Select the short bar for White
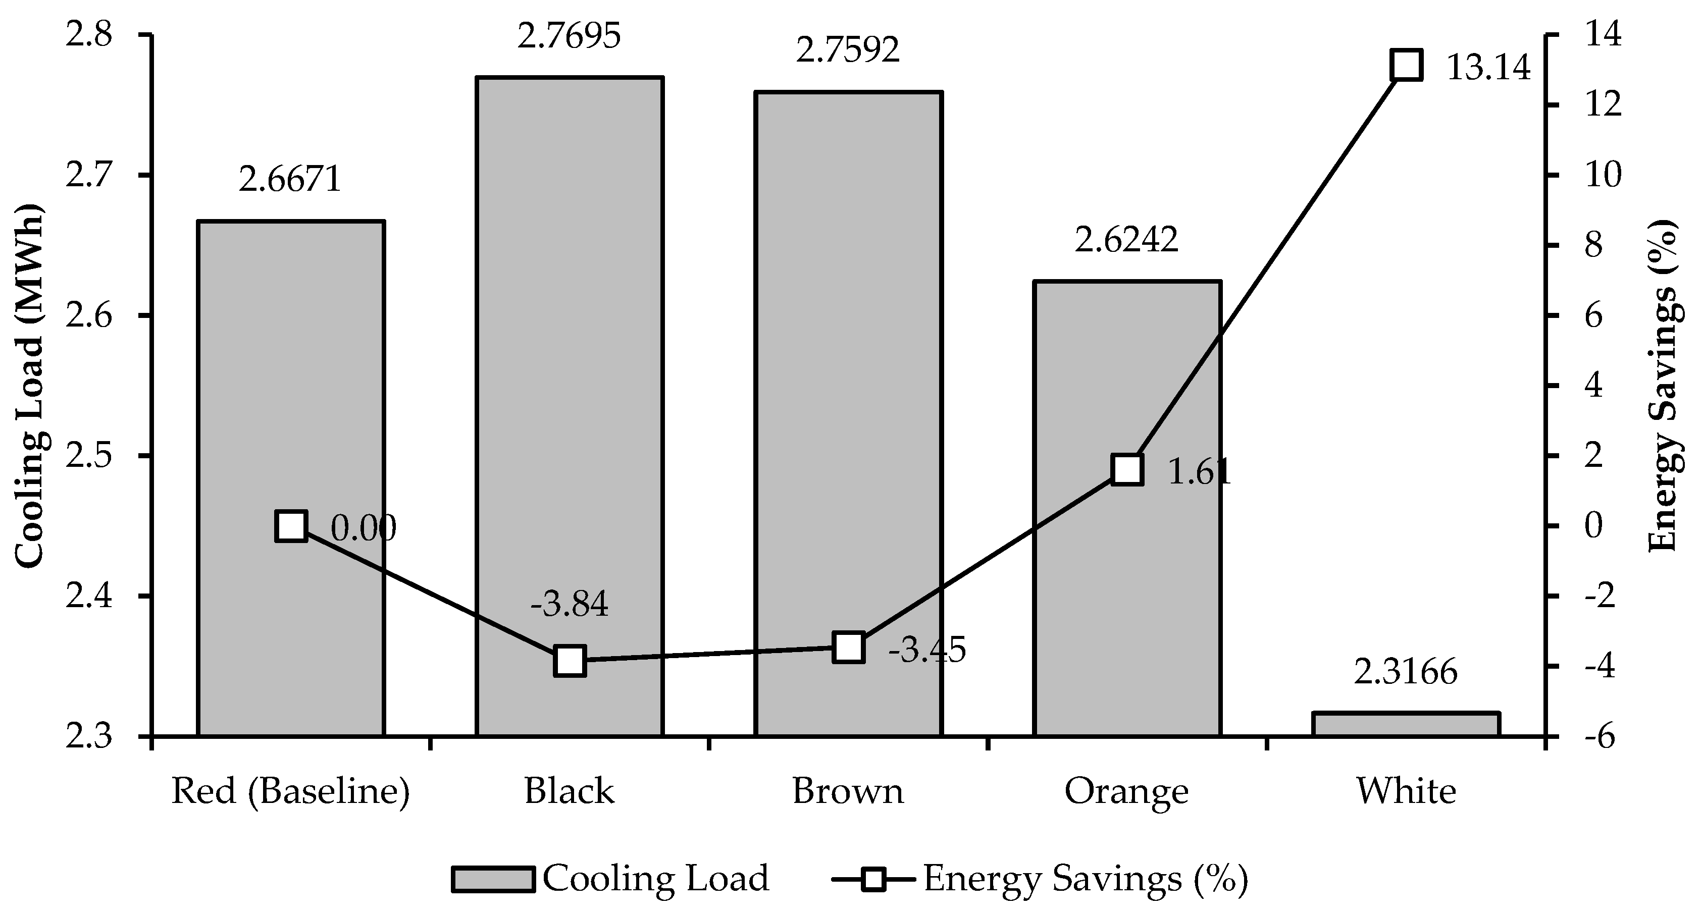pos(1406,724)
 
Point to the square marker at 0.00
pos(291,526)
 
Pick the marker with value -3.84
pos(570,661)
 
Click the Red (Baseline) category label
pos(291,790)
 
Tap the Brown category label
pos(848,790)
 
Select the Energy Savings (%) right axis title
pos(1664,387)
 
